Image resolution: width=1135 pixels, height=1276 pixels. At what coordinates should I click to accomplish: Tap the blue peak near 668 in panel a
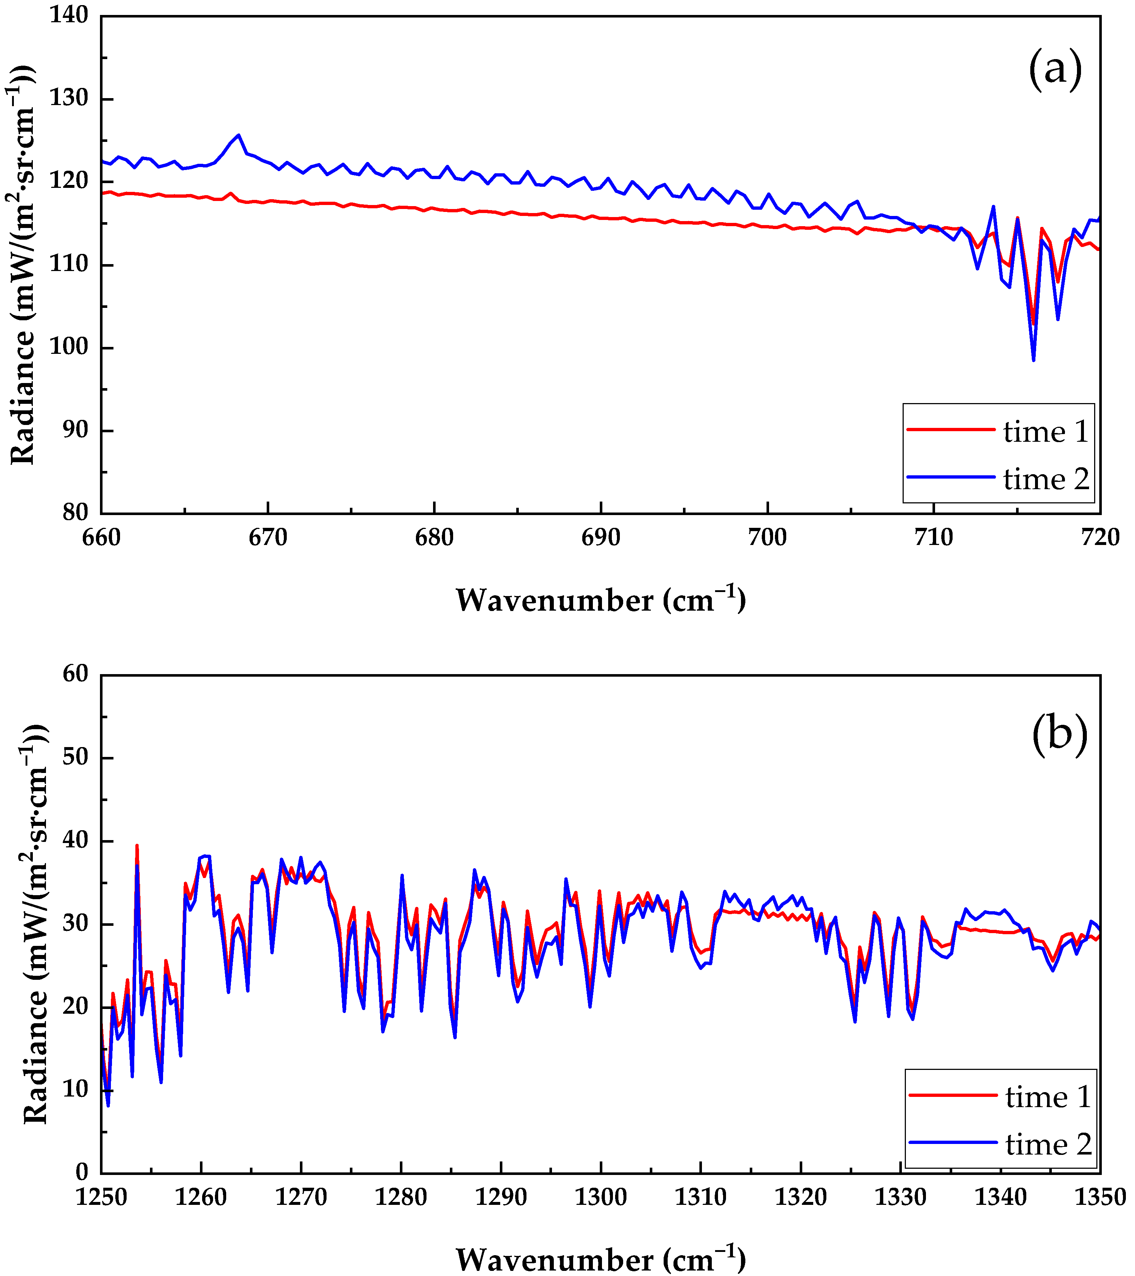(x=239, y=135)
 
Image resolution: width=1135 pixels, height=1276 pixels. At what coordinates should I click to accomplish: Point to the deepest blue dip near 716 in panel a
(x=1033, y=360)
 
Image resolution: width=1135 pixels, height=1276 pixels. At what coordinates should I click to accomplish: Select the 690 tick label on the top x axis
(x=601, y=537)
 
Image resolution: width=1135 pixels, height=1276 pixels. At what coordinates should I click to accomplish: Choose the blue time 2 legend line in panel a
(x=950, y=477)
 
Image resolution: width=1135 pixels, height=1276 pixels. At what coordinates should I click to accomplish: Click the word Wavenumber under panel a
(x=555, y=600)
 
